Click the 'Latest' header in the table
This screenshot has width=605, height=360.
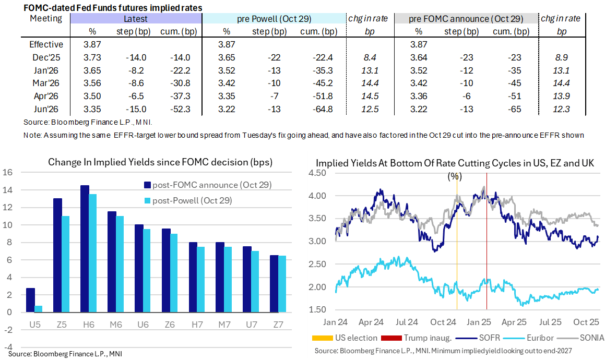(x=135, y=19)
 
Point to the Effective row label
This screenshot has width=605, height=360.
(x=46, y=45)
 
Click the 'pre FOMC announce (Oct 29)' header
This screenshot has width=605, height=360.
(x=466, y=19)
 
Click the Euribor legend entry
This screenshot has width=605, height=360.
(x=536, y=338)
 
